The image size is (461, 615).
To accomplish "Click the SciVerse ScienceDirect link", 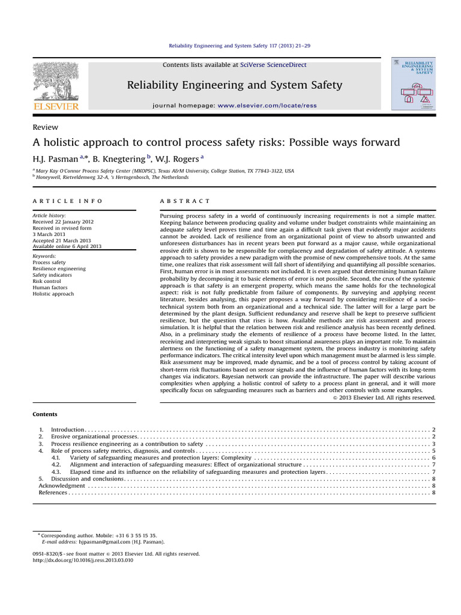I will click(274, 64).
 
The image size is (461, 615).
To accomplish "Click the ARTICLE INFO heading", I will click(67, 201).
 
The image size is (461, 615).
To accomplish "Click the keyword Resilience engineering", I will click(59, 269).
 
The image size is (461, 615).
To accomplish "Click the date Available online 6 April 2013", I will click(68, 246).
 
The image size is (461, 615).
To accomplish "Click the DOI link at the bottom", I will click(82, 560).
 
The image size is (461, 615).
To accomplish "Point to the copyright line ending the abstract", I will click(384, 397).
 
